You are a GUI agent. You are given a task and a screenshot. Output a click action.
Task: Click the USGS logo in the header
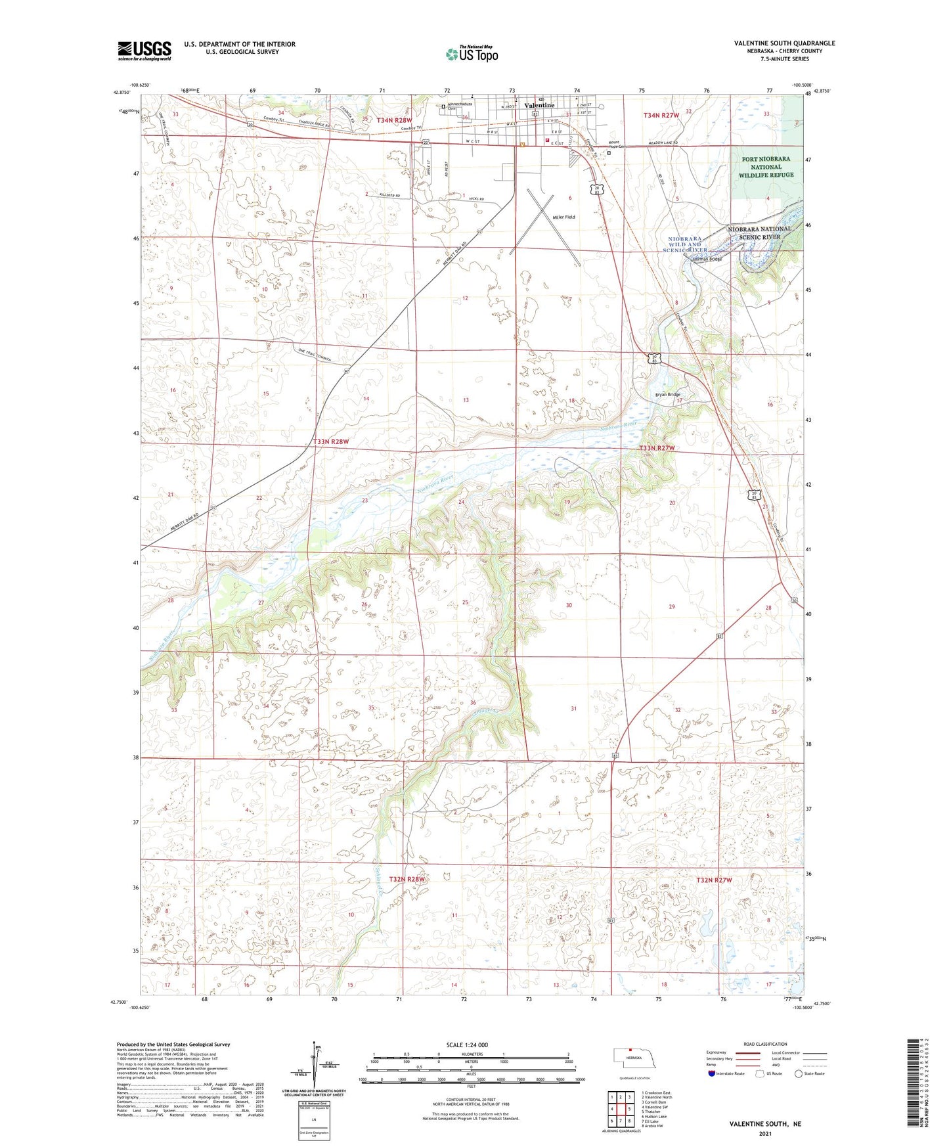(x=144, y=51)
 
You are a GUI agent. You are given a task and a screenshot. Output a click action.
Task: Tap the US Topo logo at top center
(x=472, y=54)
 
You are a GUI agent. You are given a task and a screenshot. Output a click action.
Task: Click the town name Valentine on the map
(x=539, y=105)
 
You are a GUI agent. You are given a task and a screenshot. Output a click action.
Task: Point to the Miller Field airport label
(x=563, y=217)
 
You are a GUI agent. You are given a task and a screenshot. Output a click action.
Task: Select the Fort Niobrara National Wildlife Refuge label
(x=767, y=167)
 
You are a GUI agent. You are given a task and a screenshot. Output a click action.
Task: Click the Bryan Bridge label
(x=667, y=395)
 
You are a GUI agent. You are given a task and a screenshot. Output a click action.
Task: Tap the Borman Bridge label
(x=707, y=259)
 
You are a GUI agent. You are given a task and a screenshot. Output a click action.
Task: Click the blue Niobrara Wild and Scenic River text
(x=686, y=244)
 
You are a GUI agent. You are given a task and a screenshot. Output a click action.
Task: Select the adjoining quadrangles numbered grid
(x=620, y=1108)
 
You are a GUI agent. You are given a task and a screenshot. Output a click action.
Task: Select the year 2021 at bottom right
(x=764, y=1133)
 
